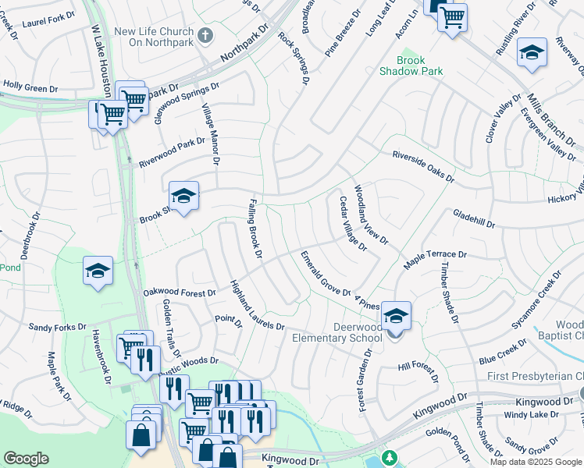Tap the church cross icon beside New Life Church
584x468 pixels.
click(205, 35)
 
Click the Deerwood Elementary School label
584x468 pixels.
click(337, 332)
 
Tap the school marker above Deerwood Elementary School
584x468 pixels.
click(396, 315)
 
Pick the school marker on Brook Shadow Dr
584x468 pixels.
click(183, 196)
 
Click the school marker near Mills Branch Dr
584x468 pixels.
click(532, 52)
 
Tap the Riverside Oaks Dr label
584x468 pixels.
click(422, 166)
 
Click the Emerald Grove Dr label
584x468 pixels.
click(326, 273)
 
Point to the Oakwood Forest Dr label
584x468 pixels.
click(179, 292)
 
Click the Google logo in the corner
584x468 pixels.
click(26, 459)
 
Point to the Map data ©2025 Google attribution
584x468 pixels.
click(536, 462)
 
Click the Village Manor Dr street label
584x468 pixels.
click(211, 134)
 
